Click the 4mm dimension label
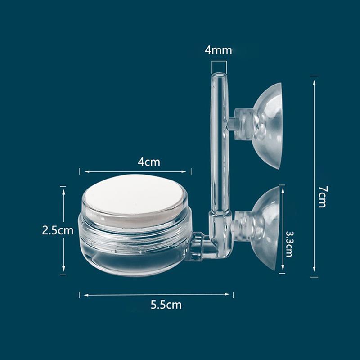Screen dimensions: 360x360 tap(218, 50)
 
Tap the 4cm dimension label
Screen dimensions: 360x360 tap(149, 162)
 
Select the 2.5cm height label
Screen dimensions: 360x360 tap(57, 231)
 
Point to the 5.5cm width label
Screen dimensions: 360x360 tap(166, 305)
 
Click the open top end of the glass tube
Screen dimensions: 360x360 tap(218, 75)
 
